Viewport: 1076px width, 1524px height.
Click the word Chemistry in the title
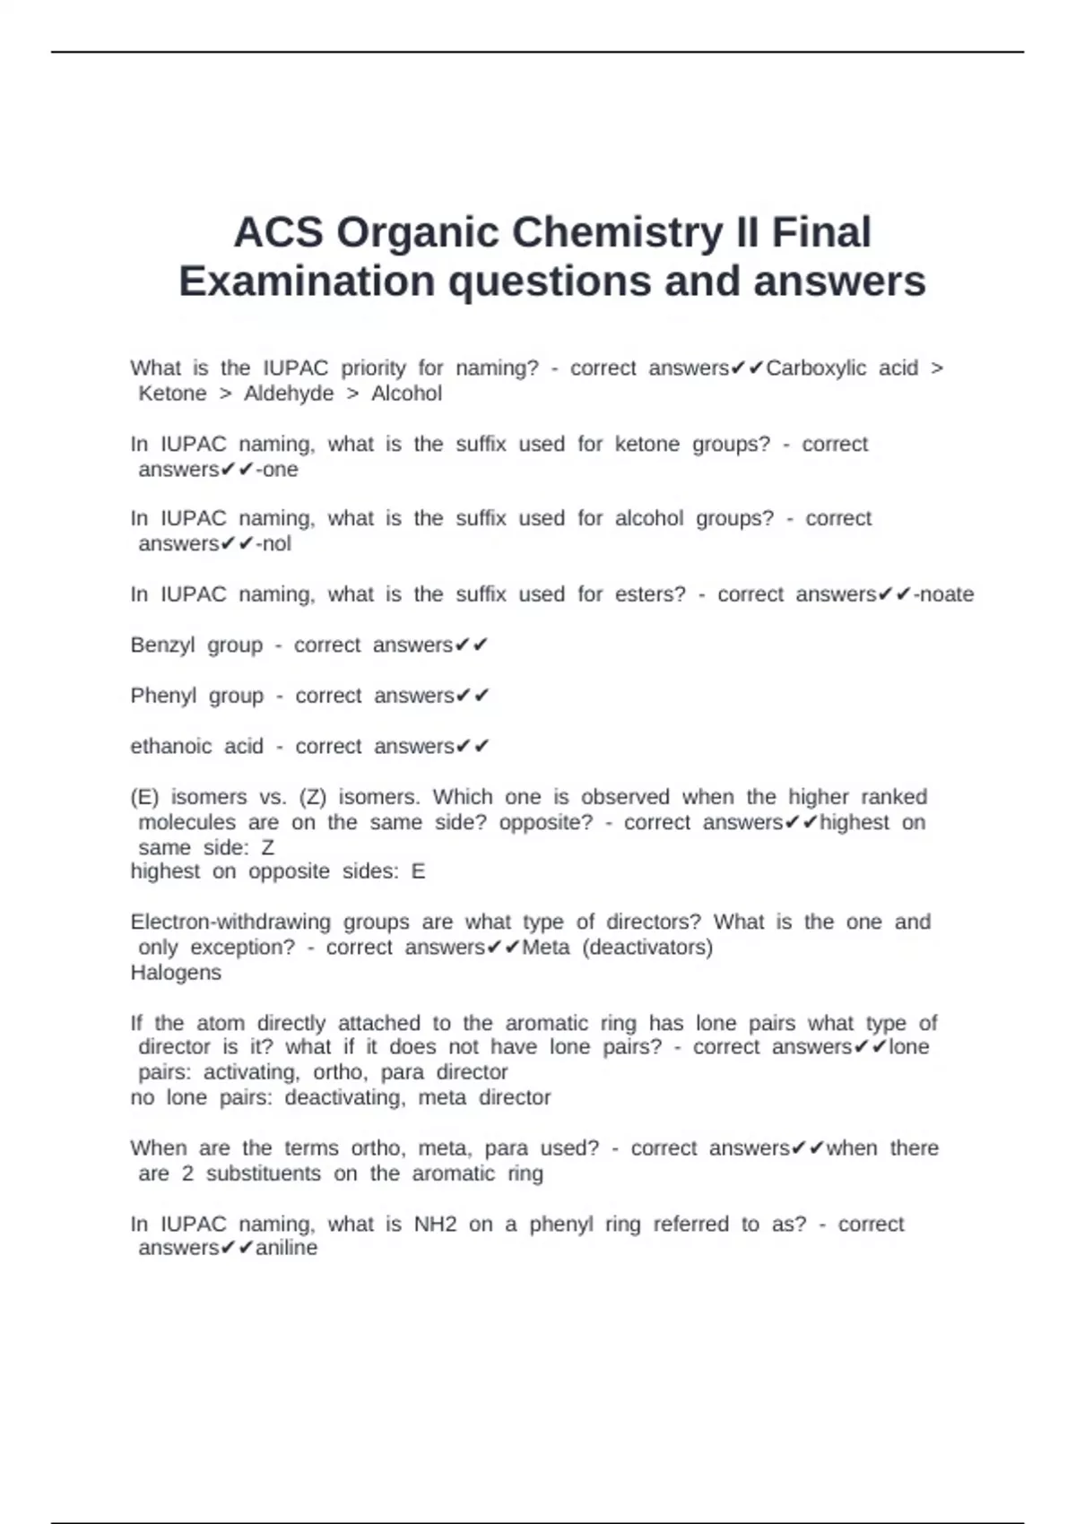[618, 232]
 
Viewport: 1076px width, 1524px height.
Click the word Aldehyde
[289, 394]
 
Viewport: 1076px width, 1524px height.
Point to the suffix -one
[277, 470]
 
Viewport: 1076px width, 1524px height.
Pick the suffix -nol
[273, 544]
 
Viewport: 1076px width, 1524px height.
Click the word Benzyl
[162, 645]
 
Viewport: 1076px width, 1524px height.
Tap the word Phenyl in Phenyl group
[163, 696]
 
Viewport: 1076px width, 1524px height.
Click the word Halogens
[176, 973]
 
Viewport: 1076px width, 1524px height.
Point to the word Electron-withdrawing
[230, 922]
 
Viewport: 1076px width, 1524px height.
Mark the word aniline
[287, 1248]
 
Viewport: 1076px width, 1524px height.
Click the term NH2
[435, 1224]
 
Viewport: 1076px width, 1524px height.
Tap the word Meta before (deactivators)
[545, 948]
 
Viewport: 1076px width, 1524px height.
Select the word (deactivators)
[647, 948]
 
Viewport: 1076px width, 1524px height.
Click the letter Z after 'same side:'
[267, 847]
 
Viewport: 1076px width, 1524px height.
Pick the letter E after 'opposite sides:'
[418, 871]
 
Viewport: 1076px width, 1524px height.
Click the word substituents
[264, 1173]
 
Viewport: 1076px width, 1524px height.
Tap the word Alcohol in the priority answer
[406, 394]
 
